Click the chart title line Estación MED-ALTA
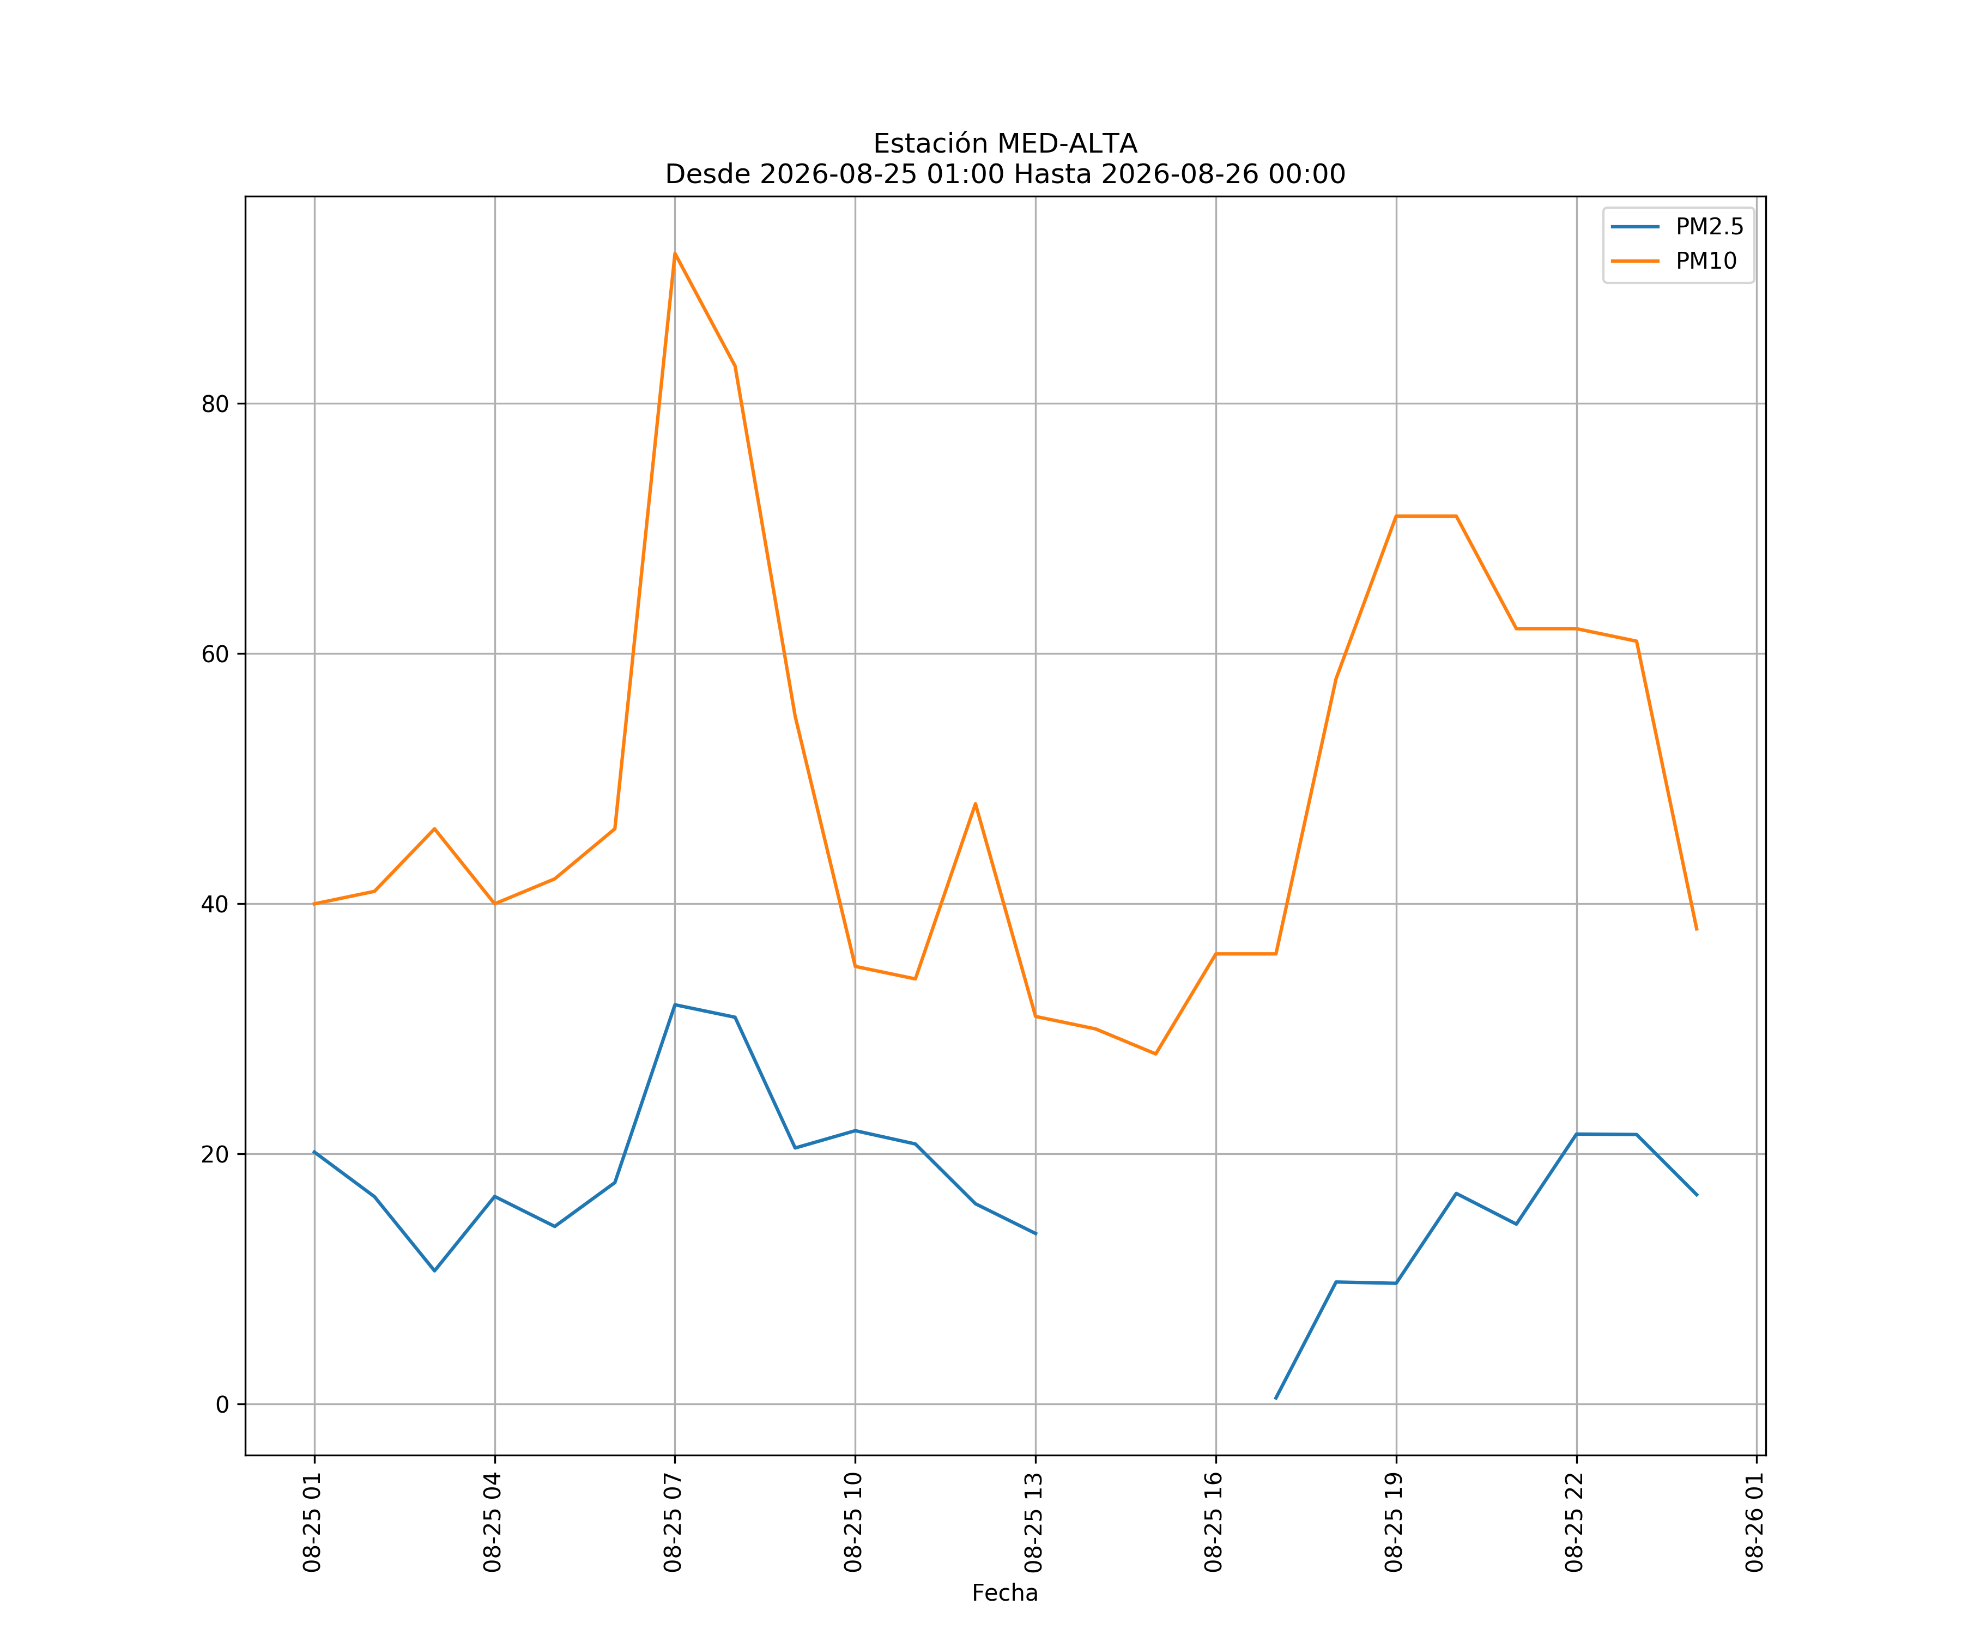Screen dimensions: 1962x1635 click(1006, 144)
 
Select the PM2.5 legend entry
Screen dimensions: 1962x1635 click(1677, 227)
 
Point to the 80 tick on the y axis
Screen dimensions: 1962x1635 click(215, 404)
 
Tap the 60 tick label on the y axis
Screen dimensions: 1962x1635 click(215, 654)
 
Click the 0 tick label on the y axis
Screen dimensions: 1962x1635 click(222, 1404)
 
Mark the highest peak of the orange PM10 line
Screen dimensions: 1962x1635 click(675, 253)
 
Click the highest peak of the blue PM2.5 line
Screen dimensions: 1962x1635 click(675, 1004)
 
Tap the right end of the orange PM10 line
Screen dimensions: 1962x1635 click(1697, 930)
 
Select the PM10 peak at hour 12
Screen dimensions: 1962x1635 click(976, 803)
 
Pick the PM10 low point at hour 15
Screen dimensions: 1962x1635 click(1156, 1054)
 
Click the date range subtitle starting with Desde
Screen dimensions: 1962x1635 click(1006, 174)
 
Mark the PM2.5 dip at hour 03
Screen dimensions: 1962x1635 click(434, 1270)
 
